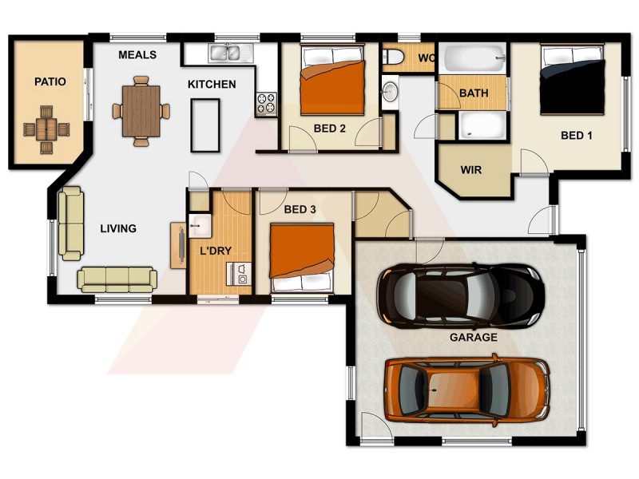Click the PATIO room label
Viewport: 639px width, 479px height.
(50, 81)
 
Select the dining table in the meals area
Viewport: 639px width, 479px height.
(141, 110)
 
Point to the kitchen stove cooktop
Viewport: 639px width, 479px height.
(266, 103)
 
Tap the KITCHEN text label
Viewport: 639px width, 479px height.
(212, 84)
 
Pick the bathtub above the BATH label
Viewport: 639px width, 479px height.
(474, 58)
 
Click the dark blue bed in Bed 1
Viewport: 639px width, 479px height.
(572, 80)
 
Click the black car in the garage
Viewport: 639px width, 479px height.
(460, 296)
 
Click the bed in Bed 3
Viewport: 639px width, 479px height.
(301, 257)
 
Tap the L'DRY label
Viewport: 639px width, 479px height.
(215, 251)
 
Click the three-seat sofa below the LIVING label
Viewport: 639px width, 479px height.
(117, 279)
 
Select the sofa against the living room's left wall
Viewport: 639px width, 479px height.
(71, 223)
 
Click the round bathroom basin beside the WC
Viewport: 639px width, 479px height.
(390, 91)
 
